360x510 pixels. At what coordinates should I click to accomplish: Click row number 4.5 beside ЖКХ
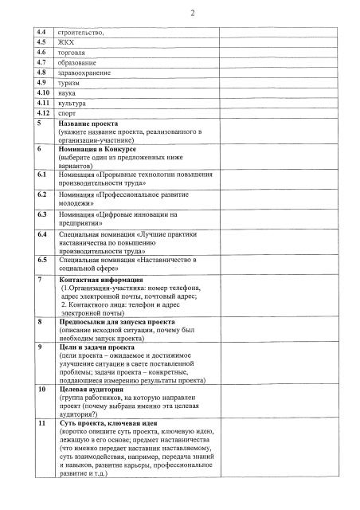41,41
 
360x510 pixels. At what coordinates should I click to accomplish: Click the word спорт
68,114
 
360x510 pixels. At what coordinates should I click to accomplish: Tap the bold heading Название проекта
89,124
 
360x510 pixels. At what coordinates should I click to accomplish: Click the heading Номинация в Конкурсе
98,149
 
